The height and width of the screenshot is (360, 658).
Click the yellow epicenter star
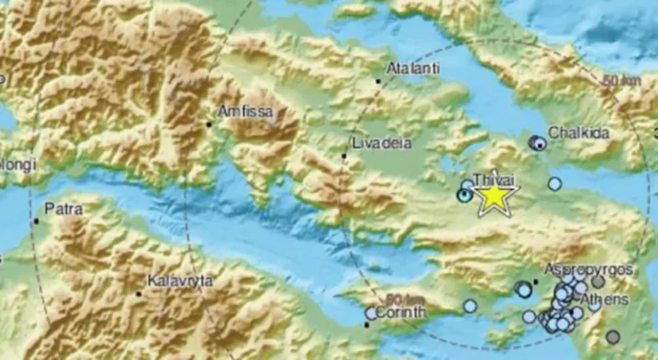tap(494, 197)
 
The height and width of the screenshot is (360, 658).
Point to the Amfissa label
tap(243, 111)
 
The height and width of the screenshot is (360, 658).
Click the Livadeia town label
tap(374, 142)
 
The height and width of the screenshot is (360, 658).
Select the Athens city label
tap(604, 300)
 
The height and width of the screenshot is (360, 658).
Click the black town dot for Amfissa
tap(208, 124)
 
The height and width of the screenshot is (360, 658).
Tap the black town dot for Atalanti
tap(378, 81)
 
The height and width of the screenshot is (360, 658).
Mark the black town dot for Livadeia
tap(344, 156)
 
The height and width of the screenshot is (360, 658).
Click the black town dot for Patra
tap(36, 221)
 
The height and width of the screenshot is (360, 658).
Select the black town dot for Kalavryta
tap(139, 294)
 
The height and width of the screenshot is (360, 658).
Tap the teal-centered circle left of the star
tap(464, 196)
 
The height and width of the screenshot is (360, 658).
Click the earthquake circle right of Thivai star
tap(555, 183)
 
